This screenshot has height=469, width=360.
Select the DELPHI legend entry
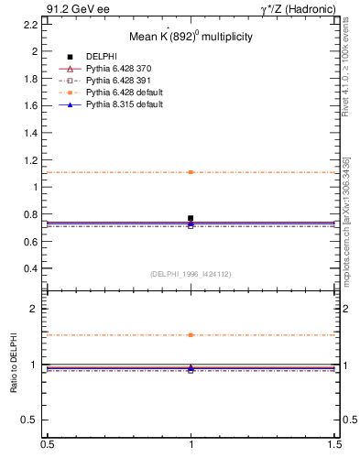pos(101,57)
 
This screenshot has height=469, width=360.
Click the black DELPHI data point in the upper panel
pos(191,218)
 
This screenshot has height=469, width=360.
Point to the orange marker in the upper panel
pos(191,172)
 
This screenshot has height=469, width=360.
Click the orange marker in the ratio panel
pos(191,335)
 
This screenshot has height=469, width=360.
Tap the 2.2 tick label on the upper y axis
pos(30,24)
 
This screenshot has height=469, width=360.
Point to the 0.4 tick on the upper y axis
pos(30,268)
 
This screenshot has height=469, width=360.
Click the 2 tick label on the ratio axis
pos(35,310)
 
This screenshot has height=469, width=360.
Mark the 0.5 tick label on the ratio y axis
pos(30,420)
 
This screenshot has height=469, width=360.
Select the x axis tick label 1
pos(191,444)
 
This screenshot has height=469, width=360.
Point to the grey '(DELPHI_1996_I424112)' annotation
pos(190,274)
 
